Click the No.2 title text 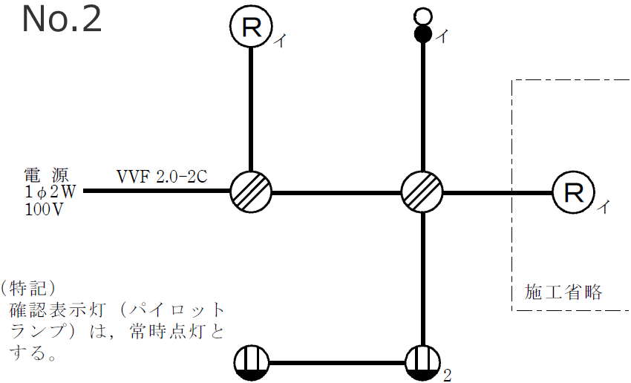(x=62, y=20)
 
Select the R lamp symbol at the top (x=251, y=28)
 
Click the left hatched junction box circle (x=251, y=191)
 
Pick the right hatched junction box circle (x=422, y=191)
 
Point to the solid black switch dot (x=422, y=33)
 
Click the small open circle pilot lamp (x=422, y=15)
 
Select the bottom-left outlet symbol (x=251, y=364)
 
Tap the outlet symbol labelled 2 (x=422, y=364)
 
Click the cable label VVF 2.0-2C (x=161, y=177)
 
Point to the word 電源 (x=47, y=176)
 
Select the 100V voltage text (x=44, y=209)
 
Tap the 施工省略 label (x=563, y=292)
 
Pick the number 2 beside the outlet (x=447, y=375)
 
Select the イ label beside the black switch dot (x=442, y=36)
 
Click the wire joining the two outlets (x=336, y=364)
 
